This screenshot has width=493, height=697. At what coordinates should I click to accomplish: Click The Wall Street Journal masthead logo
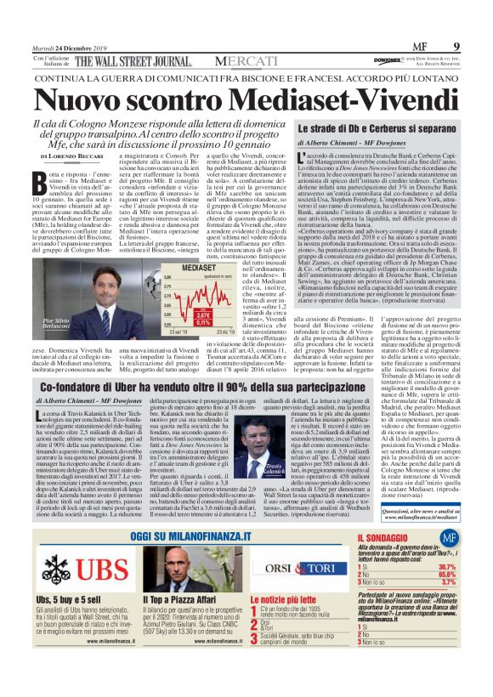(x=133, y=61)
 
